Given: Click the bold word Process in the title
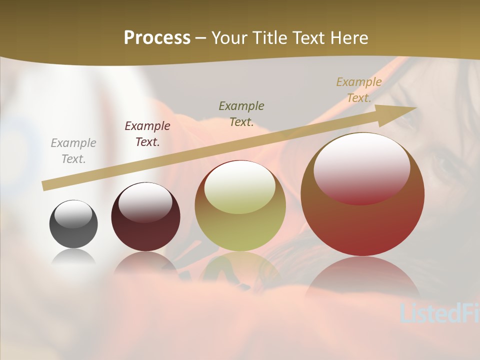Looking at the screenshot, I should point(157,38).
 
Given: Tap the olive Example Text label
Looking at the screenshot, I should point(241,113).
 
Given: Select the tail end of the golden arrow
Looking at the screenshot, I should point(45,185).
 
